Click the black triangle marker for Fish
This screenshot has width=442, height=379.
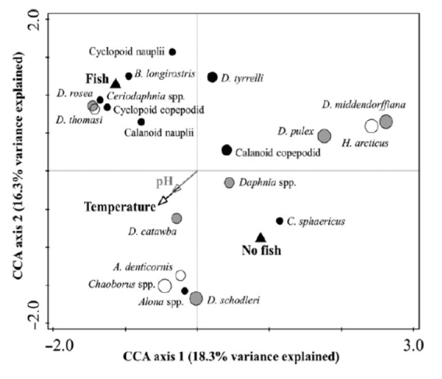coord(116,83)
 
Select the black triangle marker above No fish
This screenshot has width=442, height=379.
coord(261,237)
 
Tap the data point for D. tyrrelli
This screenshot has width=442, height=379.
coord(212,77)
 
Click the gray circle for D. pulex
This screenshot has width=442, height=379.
coord(324,136)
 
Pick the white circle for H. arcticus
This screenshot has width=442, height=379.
coord(371,126)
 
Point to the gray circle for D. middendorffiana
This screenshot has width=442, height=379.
coord(386,121)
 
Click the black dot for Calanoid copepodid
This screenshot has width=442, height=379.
coord(227,150)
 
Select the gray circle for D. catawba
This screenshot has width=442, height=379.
coord(177,218)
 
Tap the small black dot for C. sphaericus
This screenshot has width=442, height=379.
coord(279,220)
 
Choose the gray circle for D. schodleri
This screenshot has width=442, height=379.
coord(196,298)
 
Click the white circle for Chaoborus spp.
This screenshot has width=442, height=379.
coord(164,285)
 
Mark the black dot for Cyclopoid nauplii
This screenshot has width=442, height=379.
coord(172,52)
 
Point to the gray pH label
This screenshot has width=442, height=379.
coord(164,181)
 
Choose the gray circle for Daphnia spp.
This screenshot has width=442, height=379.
coord(229,182)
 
